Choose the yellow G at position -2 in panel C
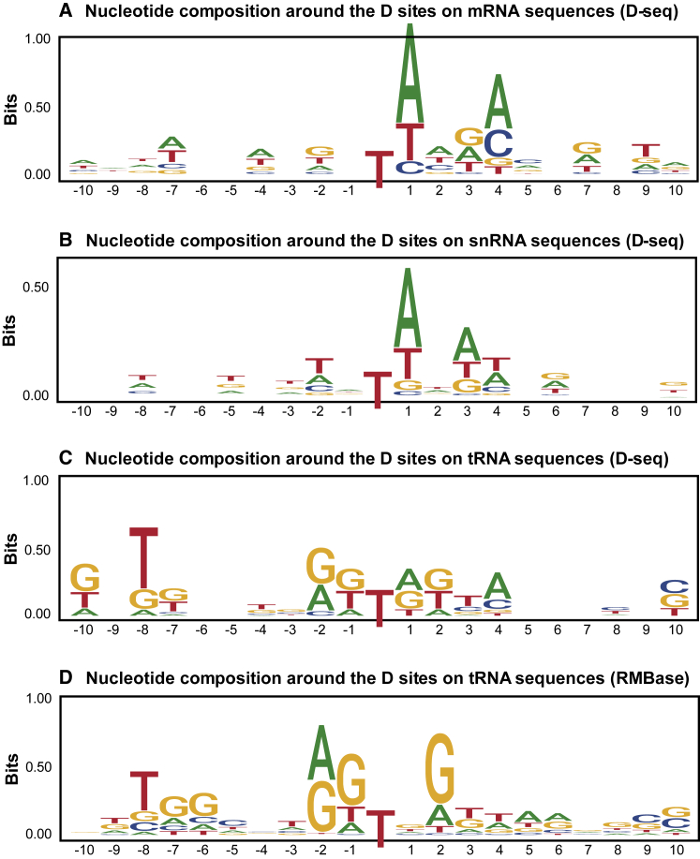click(x=320, y=565)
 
